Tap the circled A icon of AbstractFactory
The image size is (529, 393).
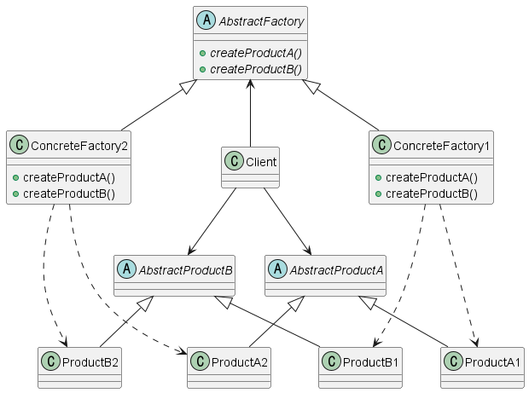(x=206, y=18)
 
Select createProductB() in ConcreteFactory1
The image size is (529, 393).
(x=432, y=194)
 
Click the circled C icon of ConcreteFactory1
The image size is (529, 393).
(x=382, y=146)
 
